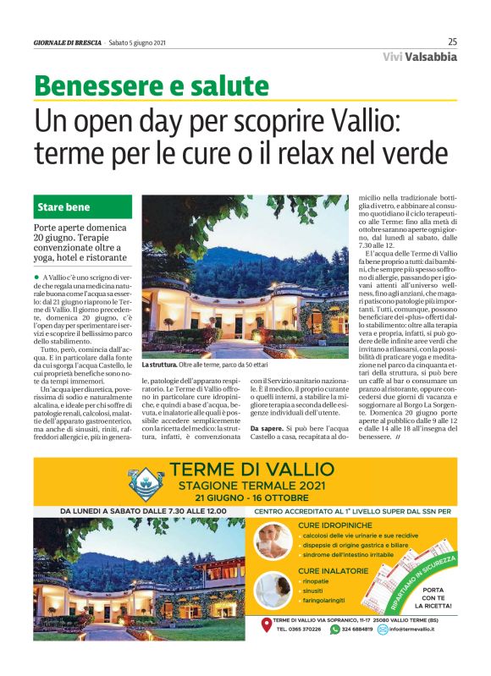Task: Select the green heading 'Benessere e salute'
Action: (x=151, y=86)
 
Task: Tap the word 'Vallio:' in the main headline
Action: (x=390, y=122)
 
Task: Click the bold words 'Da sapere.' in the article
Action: (x=268, y=430)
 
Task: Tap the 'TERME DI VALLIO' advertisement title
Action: (x=252, y=470)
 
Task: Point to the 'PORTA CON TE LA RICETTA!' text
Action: (x=433, y=598)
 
